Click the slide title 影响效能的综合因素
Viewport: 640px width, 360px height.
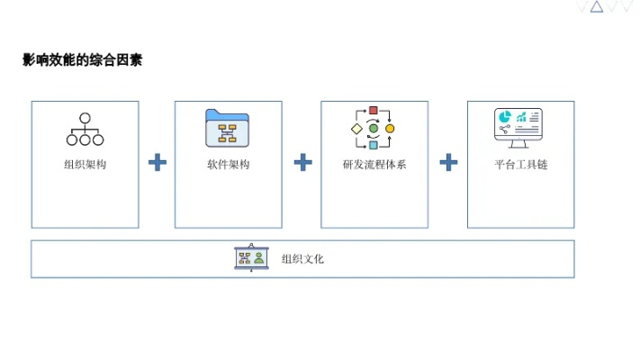pyautogui.click(x=82, y=61)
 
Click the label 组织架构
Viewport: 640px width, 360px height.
pyautogui.click(x=85, y=165)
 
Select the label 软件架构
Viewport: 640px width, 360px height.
pyautogui.click(x=228, y=165)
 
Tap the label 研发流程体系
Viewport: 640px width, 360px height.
pyautogui.click(x=374, y=165)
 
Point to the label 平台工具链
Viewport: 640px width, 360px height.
pyautogui.click(x=521, y=165)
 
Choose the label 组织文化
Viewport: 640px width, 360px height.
pyautogui.click(x=302, y=259)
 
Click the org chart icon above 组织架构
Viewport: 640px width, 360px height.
pyautogui.click(x=85, y=129)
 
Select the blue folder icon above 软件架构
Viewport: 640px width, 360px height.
pyautogui.click(x=228, y=128)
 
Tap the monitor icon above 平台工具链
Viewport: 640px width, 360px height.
pyautogui.click(x=519, y=129)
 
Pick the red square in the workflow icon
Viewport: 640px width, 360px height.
pyautogui.click(x=374, y=111)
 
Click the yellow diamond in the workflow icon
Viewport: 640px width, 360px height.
pyautogui.click(x=356, y=129)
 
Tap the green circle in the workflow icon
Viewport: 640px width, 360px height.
pyautogui.click(x=374, y=129)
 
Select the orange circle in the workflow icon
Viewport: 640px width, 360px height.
pyautogui.click(x=390, y=129)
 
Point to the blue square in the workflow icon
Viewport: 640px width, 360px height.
pyautogui.click(x=374, y=145)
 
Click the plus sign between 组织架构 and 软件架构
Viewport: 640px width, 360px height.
pyautogui.click(x=158, y=163)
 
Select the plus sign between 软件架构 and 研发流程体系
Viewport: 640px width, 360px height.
pyautogui.click(x=303, y=163)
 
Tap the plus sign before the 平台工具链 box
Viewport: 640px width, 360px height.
pyautogui.click(x=448, y=163)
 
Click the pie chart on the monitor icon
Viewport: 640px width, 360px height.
pyautogui.click(x=505, y=118)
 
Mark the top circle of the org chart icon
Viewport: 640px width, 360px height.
pyautogui.click(x=85, y=117)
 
